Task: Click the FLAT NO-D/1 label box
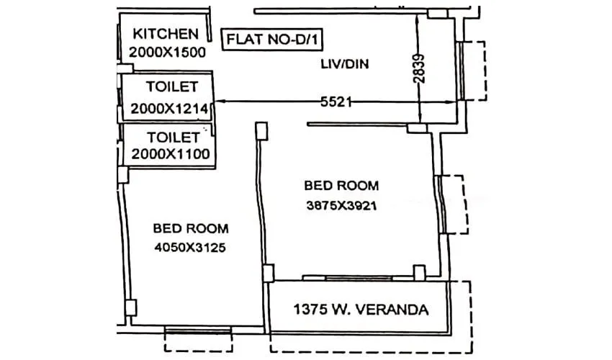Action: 271,40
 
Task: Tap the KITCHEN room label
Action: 165,34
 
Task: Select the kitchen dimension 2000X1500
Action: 167,52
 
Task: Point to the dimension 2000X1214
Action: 169,109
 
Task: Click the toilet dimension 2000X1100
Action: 169,153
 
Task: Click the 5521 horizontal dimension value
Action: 336,102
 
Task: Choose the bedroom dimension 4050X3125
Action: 191,248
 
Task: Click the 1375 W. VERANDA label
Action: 361,310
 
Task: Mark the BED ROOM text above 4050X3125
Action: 191,229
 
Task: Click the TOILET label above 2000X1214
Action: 171,87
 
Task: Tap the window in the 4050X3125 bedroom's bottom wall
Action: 198,330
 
